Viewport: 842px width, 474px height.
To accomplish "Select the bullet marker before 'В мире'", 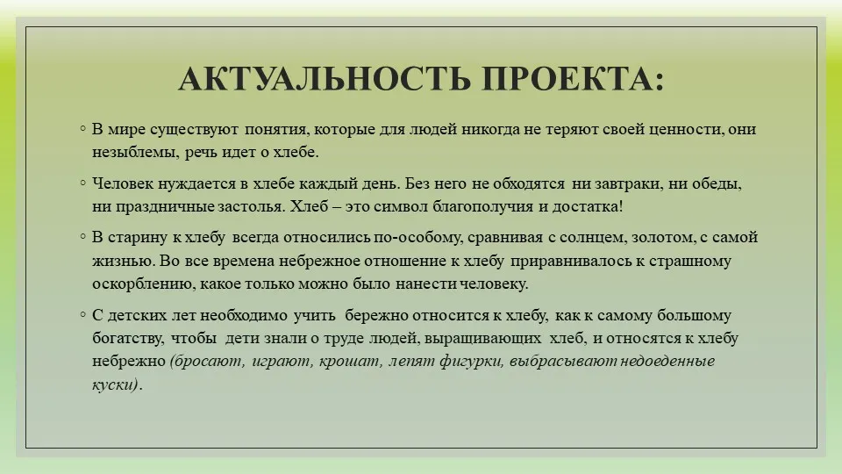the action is point(82,128).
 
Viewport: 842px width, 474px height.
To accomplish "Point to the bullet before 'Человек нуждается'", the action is point(82,183).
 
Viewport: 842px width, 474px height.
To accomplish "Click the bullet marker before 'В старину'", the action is point(82,236).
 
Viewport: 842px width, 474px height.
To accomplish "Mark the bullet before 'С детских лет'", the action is point(82,314).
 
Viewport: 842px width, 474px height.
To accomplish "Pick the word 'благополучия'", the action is point(482,207).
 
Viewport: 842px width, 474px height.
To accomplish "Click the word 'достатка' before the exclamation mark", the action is point(585,207).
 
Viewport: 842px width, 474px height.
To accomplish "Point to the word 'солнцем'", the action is point(589,238).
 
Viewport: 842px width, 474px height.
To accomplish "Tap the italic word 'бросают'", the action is point(207,361).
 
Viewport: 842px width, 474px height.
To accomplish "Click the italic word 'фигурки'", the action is point(472,361).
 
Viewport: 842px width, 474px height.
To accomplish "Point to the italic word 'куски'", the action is point(115,384).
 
